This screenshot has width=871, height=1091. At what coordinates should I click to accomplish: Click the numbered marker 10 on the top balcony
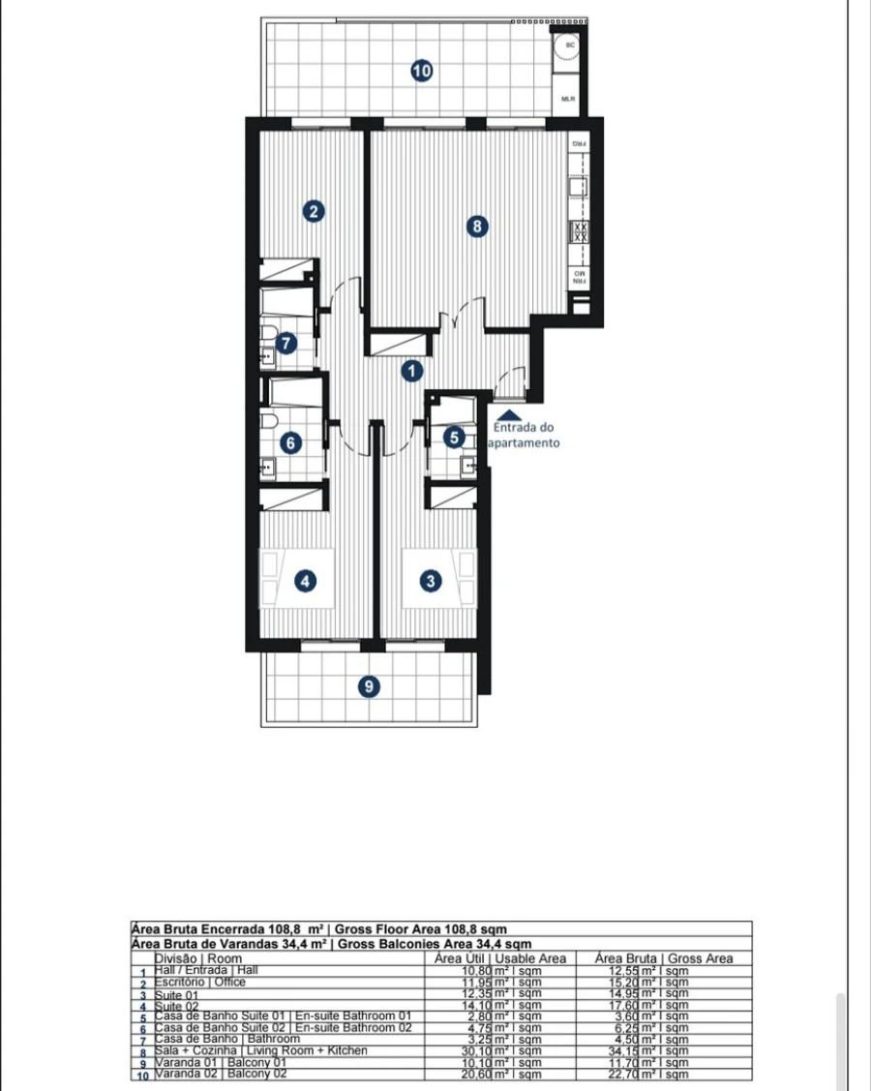pos(421,71)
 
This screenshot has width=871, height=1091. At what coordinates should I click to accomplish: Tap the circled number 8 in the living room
pos(475,227)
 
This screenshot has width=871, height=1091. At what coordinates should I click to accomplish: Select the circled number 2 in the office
pos(313,211)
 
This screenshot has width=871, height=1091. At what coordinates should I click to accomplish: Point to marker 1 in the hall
pos(412,370)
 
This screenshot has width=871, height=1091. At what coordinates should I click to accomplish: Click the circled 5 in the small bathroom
pos(455,438)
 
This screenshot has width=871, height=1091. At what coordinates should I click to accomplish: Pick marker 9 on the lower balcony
pos(368,686)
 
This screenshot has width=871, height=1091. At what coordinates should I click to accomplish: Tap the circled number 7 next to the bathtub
pos(285,343)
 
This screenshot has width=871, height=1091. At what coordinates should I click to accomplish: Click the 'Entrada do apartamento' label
pos(526,435)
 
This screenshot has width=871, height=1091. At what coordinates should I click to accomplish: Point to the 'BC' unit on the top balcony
pos(570,45)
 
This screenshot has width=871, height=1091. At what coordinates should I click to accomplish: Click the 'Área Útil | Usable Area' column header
pos(500,958)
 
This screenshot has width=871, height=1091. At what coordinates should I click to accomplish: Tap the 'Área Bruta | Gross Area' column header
pos(664,958)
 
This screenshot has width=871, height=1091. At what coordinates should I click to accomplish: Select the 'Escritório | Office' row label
pos(200,982)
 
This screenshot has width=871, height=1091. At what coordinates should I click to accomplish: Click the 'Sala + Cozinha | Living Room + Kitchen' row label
pos(261,1049)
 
